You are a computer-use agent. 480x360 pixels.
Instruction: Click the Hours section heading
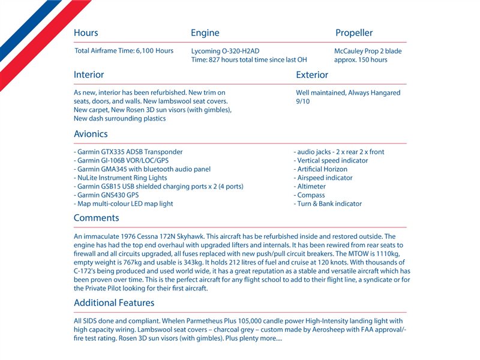(86, 33)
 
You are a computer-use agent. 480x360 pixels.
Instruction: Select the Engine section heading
(205, 33)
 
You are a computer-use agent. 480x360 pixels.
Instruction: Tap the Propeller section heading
(354, 33)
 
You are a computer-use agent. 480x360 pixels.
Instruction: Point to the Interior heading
(89, 75)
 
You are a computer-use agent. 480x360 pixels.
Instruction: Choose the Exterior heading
(312, 75)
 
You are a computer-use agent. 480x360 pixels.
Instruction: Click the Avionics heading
(91, 134)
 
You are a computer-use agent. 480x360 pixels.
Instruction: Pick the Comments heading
(96, 218)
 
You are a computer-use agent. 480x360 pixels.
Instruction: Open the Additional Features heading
(114, 303)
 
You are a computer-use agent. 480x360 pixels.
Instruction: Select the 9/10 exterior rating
(303, 102)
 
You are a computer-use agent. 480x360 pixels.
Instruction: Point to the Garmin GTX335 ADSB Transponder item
(128, 152)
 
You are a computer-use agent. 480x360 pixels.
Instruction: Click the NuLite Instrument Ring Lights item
(121, 178)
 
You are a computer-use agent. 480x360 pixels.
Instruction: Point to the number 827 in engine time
(216, 60)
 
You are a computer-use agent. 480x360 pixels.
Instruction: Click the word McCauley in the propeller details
(349, 52)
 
